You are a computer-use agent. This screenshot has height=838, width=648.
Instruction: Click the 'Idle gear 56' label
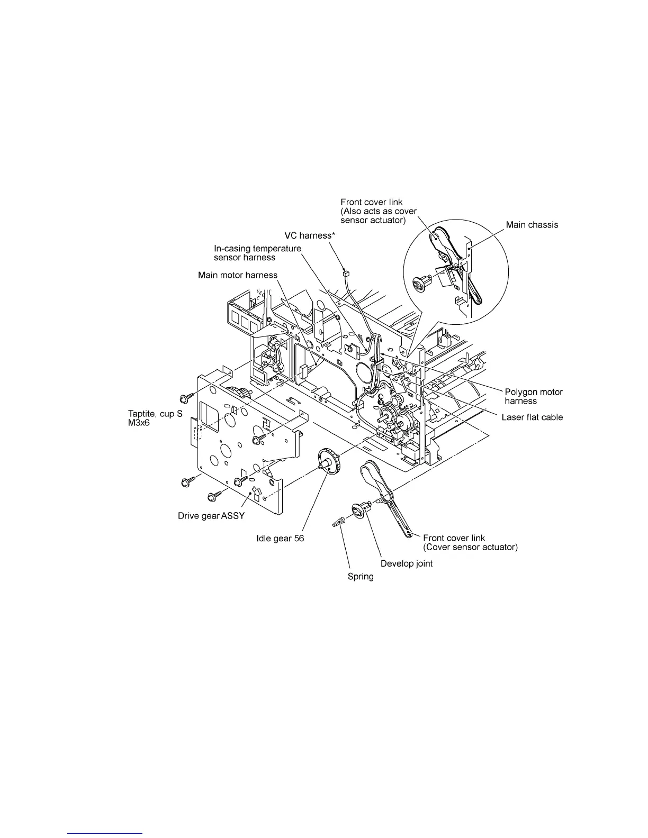(280, 539)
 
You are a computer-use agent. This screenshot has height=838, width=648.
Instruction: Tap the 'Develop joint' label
(407, 563)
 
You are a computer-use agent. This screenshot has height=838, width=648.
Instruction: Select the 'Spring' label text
(360, 576)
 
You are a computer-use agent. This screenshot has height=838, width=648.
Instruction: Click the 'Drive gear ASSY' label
(211, 516)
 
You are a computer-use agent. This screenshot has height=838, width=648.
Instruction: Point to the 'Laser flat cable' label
(532, 417)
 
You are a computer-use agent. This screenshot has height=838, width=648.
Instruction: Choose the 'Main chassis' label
(532, 225)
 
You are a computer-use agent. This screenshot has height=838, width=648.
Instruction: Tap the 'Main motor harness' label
(238, 275)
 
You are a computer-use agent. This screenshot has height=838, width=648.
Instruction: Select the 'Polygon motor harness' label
(533, 396)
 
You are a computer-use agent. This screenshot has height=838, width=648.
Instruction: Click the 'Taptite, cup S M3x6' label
(155, 418)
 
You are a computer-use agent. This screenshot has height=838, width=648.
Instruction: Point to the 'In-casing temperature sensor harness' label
(257, 253)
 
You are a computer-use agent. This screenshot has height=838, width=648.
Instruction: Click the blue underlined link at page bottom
(105, 833)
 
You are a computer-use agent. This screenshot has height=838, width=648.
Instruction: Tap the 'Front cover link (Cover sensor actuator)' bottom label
(470, 542)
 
